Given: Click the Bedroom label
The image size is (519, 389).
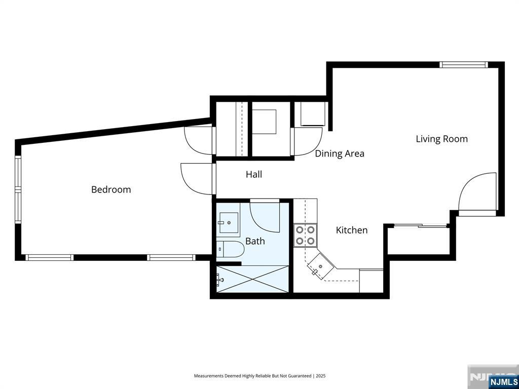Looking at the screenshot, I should coord(111,189).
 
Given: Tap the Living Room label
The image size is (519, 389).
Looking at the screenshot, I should coord(441,139).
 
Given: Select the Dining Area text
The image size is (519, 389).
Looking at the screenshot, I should coord(339,153).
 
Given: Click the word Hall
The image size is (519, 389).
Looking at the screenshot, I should coord(254,174).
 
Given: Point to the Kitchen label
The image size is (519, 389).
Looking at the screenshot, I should coord(352,230).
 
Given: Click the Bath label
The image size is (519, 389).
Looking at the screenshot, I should coord(255,241).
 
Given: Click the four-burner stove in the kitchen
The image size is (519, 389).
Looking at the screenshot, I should coord(305,236).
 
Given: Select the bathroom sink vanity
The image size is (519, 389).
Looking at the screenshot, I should coord(228,223).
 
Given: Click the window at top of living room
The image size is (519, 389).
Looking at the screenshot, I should coord(463,64).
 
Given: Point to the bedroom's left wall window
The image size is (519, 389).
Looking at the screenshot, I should coord(18,189).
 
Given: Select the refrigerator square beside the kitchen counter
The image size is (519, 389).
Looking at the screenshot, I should coord(371,281).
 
